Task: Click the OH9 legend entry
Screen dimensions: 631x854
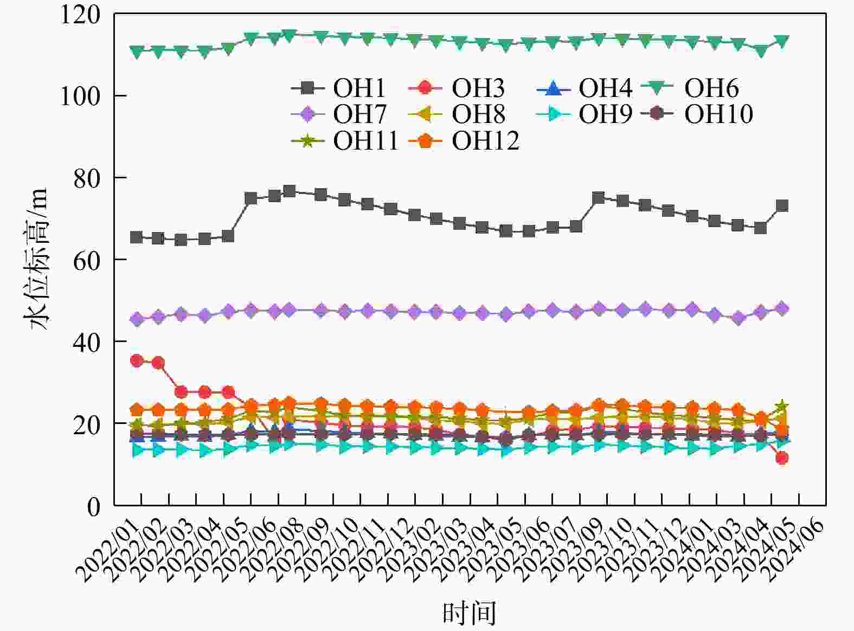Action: click(585, 114)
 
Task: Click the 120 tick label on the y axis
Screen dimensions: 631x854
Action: click(80, 15)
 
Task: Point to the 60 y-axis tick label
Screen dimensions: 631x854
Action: click(87, 260)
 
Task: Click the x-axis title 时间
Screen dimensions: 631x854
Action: click(470, 613)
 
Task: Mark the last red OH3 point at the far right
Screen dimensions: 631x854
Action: click(782, 458)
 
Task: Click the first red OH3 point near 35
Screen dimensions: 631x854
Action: click(137, 361)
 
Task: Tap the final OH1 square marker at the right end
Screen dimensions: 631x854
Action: click(782, 205)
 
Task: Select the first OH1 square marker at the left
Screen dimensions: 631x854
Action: click(137, 237)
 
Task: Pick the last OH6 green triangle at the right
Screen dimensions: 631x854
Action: click(782, 41)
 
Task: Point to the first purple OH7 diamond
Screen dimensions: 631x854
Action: click(137, 319)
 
